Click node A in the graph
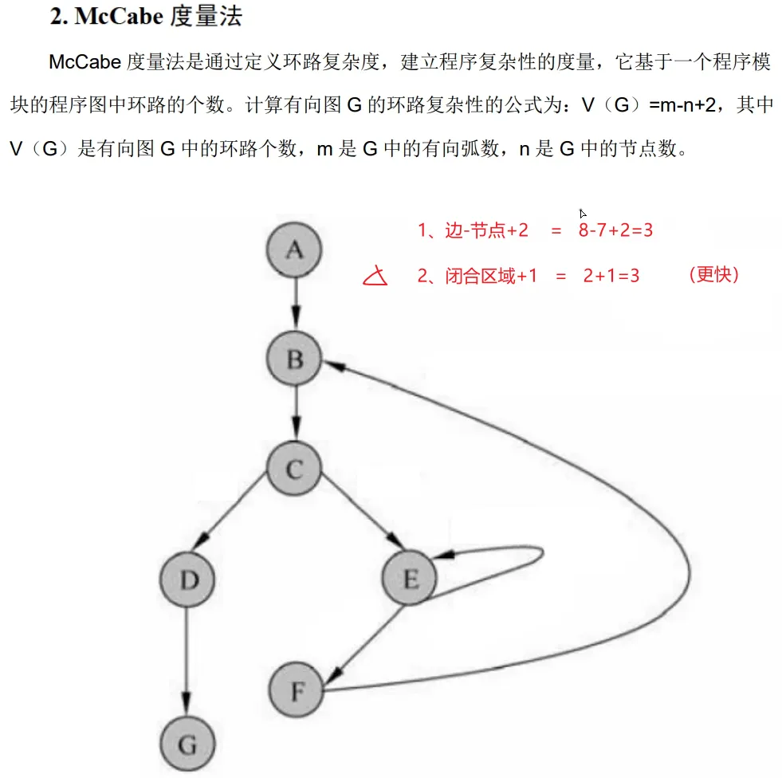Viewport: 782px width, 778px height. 295,250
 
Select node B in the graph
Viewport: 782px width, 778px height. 295,359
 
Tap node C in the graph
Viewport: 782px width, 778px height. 294,469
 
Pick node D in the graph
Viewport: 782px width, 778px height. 188,580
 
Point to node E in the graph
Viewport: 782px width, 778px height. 411,580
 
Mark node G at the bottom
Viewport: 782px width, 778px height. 187,745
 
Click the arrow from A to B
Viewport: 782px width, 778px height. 295,304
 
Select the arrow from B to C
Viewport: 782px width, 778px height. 295,414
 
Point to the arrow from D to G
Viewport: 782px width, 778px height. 187,662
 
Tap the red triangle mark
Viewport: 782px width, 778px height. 375,277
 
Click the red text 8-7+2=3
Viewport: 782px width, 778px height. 617,230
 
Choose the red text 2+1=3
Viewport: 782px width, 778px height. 611,277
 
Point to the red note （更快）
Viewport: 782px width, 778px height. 713,275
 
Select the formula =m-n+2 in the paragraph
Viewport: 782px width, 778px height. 685,106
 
